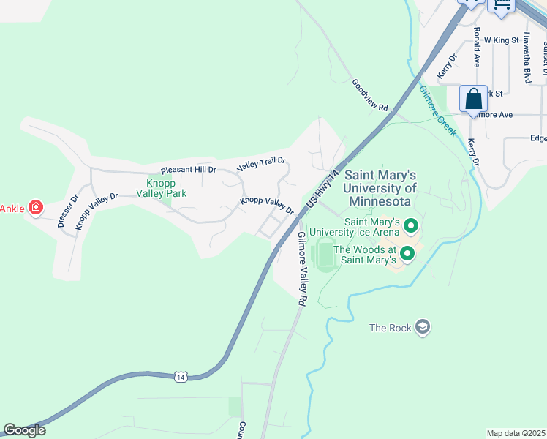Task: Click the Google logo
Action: (x=24, y=430)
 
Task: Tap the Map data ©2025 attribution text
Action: (x=516, y=433)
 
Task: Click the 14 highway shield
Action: (x=181, y=376)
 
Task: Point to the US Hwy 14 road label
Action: (x=324, y=187)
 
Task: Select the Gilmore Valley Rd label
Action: (x=301, y=269)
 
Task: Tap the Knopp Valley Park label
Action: (x=161, y=188)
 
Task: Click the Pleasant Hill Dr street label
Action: (x=189, y=169)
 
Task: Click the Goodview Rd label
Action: (x=369, y=95)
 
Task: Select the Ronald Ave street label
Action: (x=476, y=47)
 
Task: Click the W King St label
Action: (x=501, y=40)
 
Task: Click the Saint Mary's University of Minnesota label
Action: (x=380, y=188)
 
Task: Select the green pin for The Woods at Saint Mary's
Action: (x=407, y=254)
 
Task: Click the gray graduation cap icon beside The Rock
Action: (x=422, y=326)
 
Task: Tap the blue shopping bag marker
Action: (x=473, y=99)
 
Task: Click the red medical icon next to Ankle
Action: (x=34, y=209)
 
